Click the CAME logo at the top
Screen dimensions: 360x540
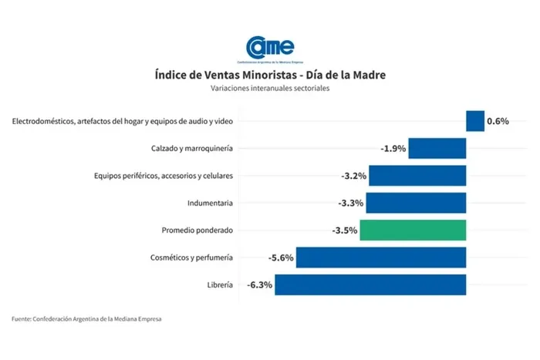[269, 48]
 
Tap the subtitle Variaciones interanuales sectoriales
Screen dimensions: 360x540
[269, 89]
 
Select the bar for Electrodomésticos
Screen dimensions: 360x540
[475, 121]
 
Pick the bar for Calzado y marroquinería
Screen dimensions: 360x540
[437, 148]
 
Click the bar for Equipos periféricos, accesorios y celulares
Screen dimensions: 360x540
[417, 176]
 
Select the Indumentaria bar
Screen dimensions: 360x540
[416, 203]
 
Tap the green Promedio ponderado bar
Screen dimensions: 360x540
[413, 230]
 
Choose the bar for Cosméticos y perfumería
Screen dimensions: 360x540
[381, 257]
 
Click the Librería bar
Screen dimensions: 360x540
[370, 284]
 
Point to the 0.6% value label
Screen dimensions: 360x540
[498, 121]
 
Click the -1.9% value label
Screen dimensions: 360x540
[393, 148]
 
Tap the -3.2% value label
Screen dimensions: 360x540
[354, 176]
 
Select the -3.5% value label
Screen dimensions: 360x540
[345, 230]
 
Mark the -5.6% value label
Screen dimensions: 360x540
[281, 257]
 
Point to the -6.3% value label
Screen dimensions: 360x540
[260, 284]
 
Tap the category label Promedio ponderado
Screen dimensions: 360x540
[197, 230]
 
